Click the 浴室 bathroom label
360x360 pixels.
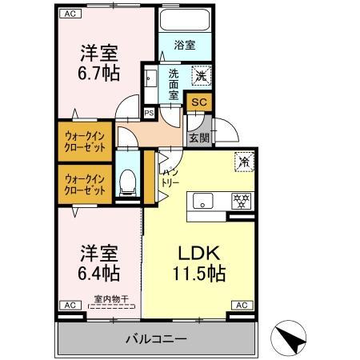(x=185, y=46)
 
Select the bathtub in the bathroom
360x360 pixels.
(x=184, y=20)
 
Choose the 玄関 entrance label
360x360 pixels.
(x=198, y=137)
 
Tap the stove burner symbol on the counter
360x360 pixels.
(x=238, y=202)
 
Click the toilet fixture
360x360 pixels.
(x=127, y=183)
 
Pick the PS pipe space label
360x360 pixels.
(x=148, y=113)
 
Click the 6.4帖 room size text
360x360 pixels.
(x=99, y=274)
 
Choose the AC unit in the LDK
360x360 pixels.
(x=241, y=305)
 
